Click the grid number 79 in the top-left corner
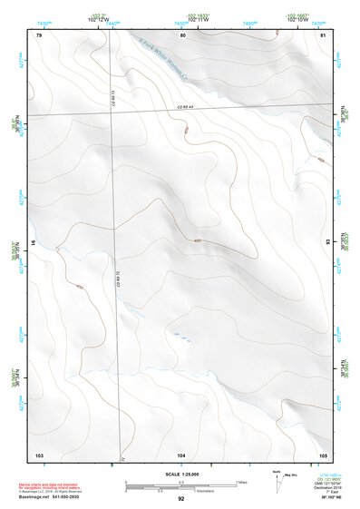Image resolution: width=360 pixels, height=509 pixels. pyautogui.click(x=39, y=34)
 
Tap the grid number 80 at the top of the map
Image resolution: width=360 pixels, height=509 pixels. pyautogui.click(x=183, y=34)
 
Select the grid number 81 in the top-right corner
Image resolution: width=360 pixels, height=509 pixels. pyautogui.click(x=323, y=34)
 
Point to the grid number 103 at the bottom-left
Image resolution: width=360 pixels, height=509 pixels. pyautogui.click(x=39, y=453)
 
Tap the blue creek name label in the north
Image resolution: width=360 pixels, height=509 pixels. pyautogui.click(x=163, y=54)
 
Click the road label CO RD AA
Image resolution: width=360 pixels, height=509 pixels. pyautogui.click(x=185, y=107)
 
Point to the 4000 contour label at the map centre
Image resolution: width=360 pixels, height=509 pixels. pyautogui.click(x=197, y=240)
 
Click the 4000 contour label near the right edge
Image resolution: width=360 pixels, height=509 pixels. pyautogui.click(x=320, y=161)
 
